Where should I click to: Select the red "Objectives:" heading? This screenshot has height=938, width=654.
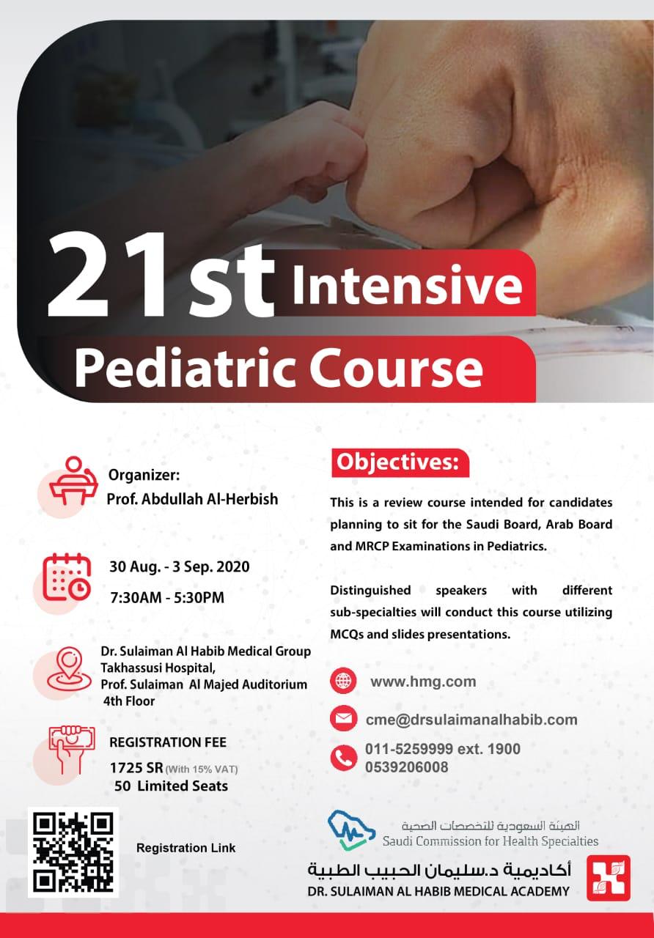tap(400, 462)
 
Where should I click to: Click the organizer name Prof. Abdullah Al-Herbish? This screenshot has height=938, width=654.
tap(192, 499)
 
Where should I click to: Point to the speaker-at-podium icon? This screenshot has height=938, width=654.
tap(73, 481)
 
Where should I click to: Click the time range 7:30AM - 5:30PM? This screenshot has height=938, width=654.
tap(167, 597)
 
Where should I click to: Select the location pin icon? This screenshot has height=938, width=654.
tap(69, 669)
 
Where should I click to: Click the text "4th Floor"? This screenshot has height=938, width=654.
tap(129, 701)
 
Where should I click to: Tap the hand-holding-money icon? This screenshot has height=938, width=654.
tap(72, 750)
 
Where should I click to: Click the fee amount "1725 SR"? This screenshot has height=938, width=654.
tap(136, 768)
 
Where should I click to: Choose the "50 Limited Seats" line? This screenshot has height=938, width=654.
tap(171, 786)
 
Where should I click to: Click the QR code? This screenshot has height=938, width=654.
tap(73, 852)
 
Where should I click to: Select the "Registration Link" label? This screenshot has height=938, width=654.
tap(186, 848)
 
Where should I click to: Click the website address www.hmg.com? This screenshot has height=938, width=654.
tap(423, 682)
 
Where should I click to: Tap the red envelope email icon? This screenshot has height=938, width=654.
tap(344, 719)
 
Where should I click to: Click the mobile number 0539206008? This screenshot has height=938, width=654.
tap(407, 767)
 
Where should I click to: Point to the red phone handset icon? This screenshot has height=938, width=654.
tap(344, 758)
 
